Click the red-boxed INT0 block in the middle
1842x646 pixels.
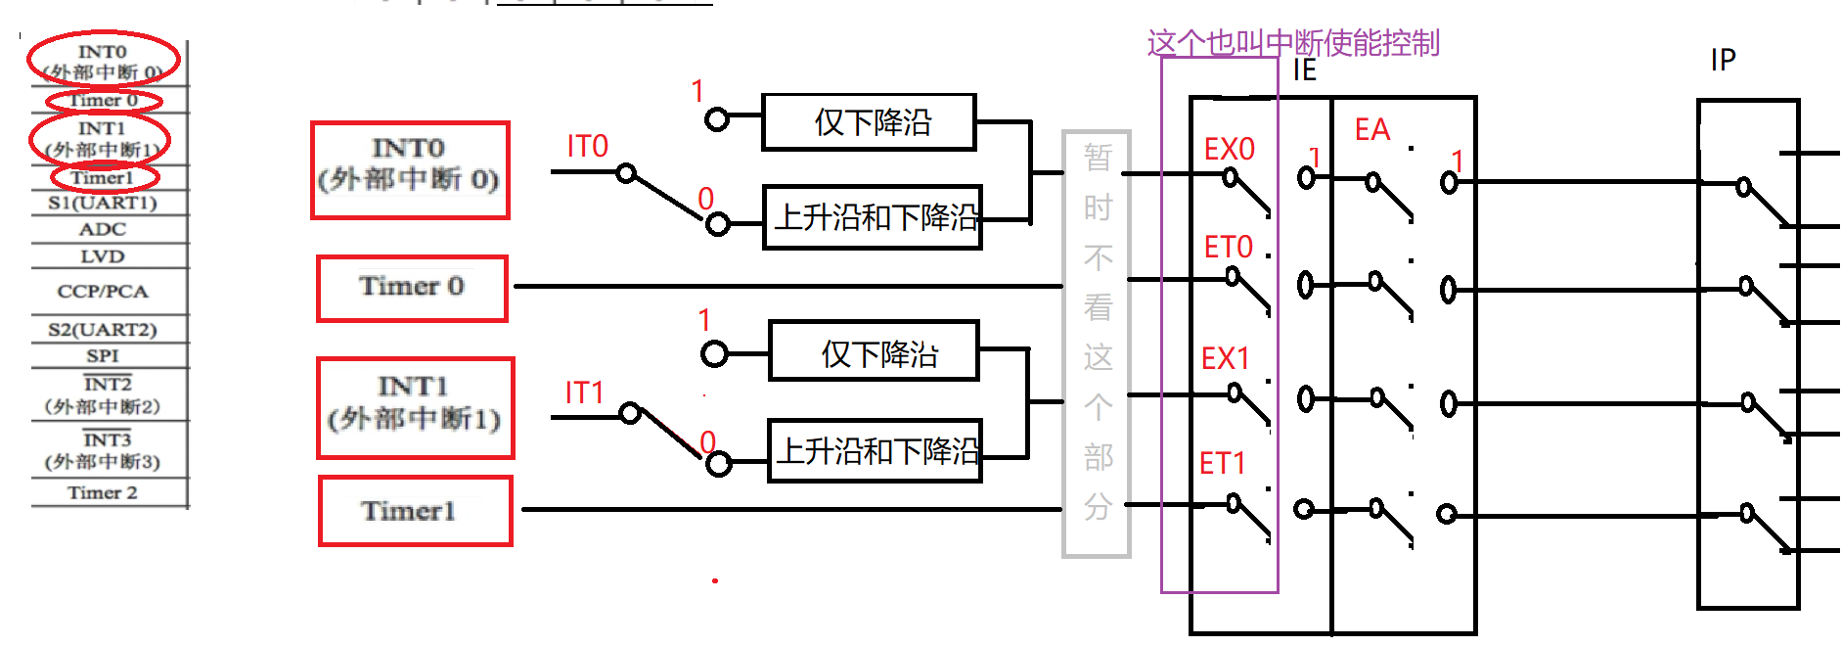410,169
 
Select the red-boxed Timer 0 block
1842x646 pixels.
412,288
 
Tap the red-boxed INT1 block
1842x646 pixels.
415,407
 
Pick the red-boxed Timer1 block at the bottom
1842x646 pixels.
415,510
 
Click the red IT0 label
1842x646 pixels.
587,147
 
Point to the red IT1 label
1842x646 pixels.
584,393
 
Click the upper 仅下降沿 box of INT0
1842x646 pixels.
869,122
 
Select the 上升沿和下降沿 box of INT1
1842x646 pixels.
875,451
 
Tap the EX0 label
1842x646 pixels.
1229,149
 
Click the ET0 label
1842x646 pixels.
1228,247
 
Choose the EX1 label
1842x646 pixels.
1225,358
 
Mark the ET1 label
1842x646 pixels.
1222,463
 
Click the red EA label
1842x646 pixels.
1371,130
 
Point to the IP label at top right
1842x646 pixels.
1723,61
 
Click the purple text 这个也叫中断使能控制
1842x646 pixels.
1292,43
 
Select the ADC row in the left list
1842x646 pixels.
103,229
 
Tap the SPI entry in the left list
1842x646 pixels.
103,355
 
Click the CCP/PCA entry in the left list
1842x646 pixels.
103,292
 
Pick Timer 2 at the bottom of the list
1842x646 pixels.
103,492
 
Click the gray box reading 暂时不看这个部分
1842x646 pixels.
1097,343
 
